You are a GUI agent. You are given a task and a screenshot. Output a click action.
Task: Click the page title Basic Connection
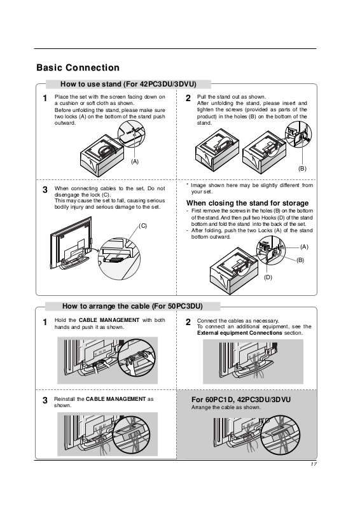78,67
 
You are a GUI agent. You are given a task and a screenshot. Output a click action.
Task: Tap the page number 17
314,464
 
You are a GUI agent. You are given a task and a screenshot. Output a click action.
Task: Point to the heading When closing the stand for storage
247,203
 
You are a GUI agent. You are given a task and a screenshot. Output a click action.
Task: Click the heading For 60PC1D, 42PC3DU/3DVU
241,400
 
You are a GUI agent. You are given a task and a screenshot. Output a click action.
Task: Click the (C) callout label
143,226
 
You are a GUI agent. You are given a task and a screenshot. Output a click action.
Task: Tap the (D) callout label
268,277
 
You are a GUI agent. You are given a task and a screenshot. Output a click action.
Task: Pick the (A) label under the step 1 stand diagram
135,162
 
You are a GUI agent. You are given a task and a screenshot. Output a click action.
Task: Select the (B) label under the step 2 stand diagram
302,169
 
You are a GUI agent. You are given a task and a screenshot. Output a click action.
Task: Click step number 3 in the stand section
45,190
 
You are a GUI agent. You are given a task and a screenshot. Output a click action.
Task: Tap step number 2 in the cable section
188,322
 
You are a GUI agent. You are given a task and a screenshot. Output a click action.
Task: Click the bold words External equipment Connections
240,333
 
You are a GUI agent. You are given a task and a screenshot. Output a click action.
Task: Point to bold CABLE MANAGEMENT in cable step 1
109,320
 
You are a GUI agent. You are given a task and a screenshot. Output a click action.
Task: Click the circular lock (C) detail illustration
119,259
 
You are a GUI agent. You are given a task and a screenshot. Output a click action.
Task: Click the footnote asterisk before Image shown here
187,185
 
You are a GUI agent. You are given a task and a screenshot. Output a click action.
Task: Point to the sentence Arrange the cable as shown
226,407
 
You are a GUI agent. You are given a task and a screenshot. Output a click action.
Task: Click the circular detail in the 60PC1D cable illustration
280,435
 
